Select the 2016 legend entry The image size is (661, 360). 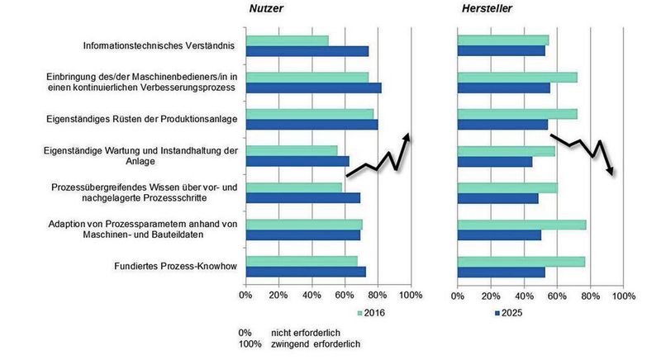pos(371,313)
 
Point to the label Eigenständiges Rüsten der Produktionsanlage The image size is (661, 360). pos(141,119)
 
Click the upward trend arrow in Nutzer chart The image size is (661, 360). pos(379,157)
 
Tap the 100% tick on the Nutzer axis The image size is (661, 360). pos(411,295)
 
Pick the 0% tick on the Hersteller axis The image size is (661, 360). pos(457,295)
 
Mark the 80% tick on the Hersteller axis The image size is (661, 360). pos(589,295)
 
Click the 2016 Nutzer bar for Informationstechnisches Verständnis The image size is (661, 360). pos(287,40)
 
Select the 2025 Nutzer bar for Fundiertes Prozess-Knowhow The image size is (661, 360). pos(306,272)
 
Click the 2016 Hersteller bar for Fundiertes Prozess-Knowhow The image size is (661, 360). pos(521,261)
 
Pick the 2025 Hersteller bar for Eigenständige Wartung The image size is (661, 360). pos(494,162)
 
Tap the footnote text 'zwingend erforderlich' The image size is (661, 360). pos(299,343)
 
